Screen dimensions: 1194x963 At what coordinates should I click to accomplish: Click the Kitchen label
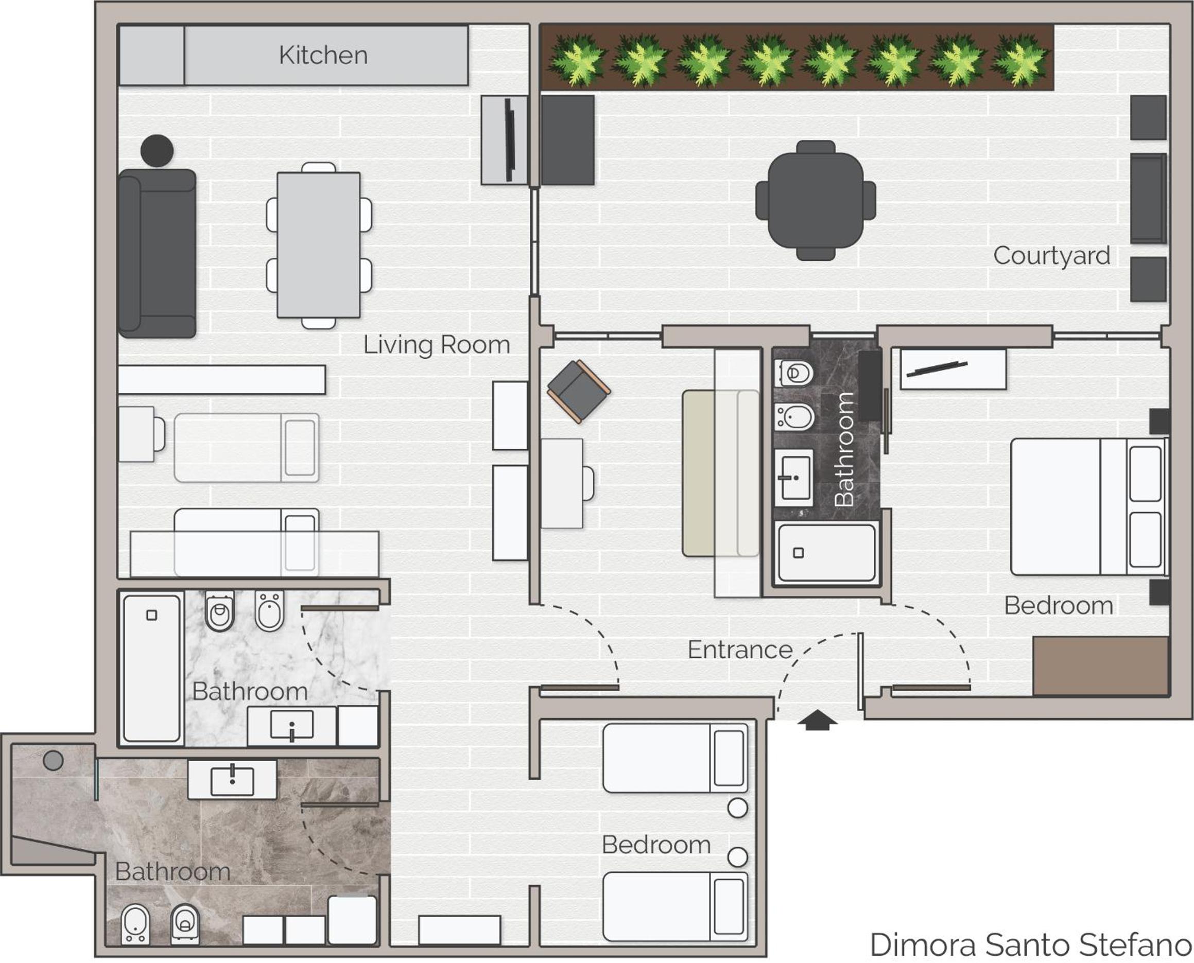[x=323, y=55]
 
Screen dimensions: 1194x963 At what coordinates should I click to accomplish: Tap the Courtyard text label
[x=1051, y=256]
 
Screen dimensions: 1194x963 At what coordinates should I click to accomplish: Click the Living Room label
[x=437, y=344]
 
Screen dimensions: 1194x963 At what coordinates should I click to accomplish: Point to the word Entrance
[x=740, y=650]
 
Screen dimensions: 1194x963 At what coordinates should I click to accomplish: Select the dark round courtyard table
[x=816, y=200]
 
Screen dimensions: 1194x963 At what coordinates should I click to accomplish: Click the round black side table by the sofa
[x=157, y=150]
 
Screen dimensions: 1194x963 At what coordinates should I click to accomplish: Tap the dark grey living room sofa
[x=157, y=254]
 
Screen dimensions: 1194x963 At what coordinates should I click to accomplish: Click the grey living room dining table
[x=319, y=244]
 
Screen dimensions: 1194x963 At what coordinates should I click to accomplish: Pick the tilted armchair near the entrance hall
[x=579, y=391]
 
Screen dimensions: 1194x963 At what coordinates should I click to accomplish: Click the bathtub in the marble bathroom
[x=151, y=668]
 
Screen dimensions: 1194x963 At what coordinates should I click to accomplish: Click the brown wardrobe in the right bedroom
[x=1101, y=666]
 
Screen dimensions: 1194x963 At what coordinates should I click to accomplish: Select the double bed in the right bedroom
[x=1089, y=506]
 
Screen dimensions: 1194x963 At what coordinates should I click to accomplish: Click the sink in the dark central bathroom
[x=794, y=478]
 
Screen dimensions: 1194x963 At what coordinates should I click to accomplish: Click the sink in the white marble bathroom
[x=292, y=726]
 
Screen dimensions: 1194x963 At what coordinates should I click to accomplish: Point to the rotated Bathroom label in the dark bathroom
[x=844, y=449]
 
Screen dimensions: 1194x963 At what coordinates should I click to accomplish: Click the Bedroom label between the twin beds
[x=656, y=845]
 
